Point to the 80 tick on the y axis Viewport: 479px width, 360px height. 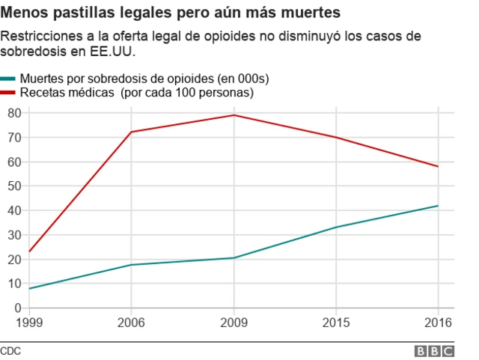pos(13,113)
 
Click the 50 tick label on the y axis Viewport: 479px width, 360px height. pos(13,186)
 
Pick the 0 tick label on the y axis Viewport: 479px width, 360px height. pos(17,308)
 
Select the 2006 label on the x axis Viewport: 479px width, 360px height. pos(132,323)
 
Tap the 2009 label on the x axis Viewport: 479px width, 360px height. pos(234,323)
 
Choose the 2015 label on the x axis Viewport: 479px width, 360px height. pos(336,323)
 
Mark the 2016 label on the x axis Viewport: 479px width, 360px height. pos(438,323)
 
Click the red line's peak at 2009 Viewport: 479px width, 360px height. pos(234,115)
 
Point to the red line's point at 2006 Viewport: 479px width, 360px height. pos(132,132)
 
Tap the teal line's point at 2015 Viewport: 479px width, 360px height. pos(336,227)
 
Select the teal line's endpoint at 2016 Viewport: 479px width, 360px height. pos(438,206)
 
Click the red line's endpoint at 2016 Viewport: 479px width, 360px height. pos(438,166)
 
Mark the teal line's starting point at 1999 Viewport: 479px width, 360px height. pos(29,288)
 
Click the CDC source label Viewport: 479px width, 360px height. pos(10,351)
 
